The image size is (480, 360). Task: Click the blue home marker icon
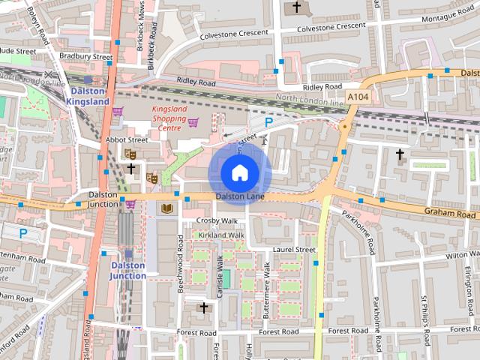[x=238, y=173]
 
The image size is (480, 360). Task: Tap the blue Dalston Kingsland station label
[x=87, y=95]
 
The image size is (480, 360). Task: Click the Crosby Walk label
[x=216, y=220]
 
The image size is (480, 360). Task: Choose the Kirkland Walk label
[x=221, y=235]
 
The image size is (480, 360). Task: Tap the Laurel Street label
[x=295, y=249]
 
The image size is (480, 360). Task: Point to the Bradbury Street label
[x=85, y=57]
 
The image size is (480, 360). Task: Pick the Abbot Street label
[x=127, y=139]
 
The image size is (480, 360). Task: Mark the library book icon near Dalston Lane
[x=165, y=208]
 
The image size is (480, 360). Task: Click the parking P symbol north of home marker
[x=268, y=122]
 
